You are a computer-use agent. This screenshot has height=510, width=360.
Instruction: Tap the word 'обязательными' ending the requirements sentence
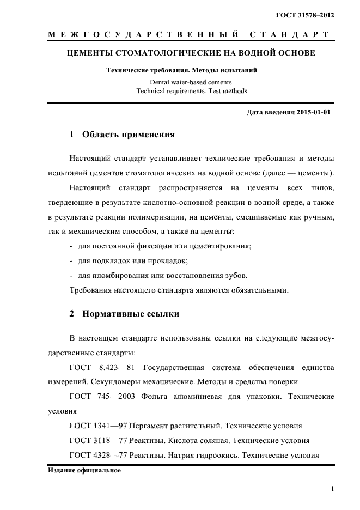(257, 289)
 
